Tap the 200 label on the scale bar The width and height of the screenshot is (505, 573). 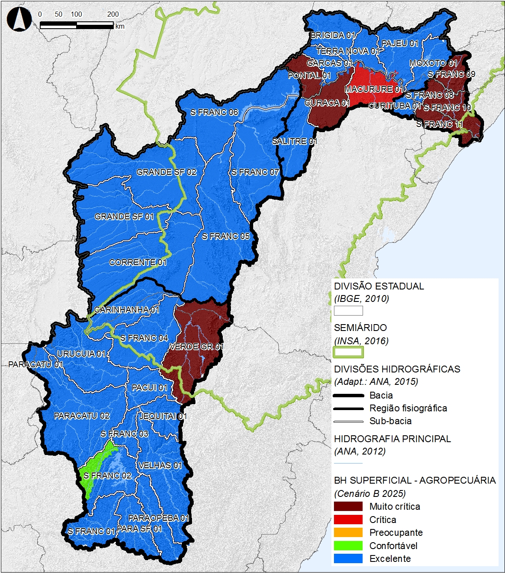pyautogui.click(x=113, y=14)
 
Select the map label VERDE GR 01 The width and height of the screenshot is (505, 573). pyautogui.click(x=196, y=346)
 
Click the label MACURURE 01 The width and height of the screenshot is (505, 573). pyautogui.click(x=374, y=89)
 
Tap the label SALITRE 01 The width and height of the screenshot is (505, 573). pyautogui.click(x=294, y=141)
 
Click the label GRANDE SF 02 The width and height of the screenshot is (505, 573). pyautogui.click(x=166, y=172)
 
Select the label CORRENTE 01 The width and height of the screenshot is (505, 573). pyautogui.click(x=138, y=262)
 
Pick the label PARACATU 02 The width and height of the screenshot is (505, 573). pyautogui.click(x=82, y=416)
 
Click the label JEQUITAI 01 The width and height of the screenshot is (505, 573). pyautogui.click(x=163, y=416)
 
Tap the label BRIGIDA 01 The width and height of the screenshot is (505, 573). pyautogui.click(x=333, y=35)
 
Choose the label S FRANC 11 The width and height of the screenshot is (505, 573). pyautogui.click(x=440, y=124)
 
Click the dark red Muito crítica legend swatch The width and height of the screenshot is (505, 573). pyautogui.click(x=348, y=506)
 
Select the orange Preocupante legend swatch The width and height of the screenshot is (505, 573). pyautogui.click(x=348, y=533)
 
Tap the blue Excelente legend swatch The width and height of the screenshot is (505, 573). pyautogui.click(x=348, y=558)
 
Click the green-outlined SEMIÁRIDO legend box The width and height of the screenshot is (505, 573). pyautogui.click(x=348, y=352)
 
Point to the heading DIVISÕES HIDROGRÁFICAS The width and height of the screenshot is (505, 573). pyautogui.click(x=397, y=369)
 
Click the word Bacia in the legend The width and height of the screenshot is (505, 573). pyautogui.click(x=381, y=395)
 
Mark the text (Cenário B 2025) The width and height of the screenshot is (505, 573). pyautogui.click(x=370, y=493)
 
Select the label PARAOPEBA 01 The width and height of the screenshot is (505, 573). pyautogui.click(x=159, y=518)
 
